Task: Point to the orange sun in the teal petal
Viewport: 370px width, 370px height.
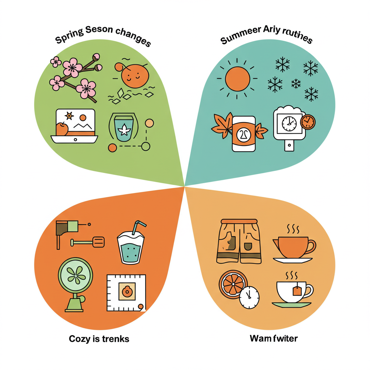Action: [x=237, y=78]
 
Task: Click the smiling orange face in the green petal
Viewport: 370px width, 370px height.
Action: [x=134, y=76]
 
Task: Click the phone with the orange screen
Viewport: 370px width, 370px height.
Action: [x=244, y=134]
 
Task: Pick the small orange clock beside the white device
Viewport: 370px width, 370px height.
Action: [x=307, y=122]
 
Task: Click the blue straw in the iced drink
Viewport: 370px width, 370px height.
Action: [x=137, y=227]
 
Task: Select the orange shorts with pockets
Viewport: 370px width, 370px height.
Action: [x=239, y=241]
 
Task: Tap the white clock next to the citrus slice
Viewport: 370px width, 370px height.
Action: [x=249, y=297]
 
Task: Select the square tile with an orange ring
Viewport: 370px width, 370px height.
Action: [x=126, y=292]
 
